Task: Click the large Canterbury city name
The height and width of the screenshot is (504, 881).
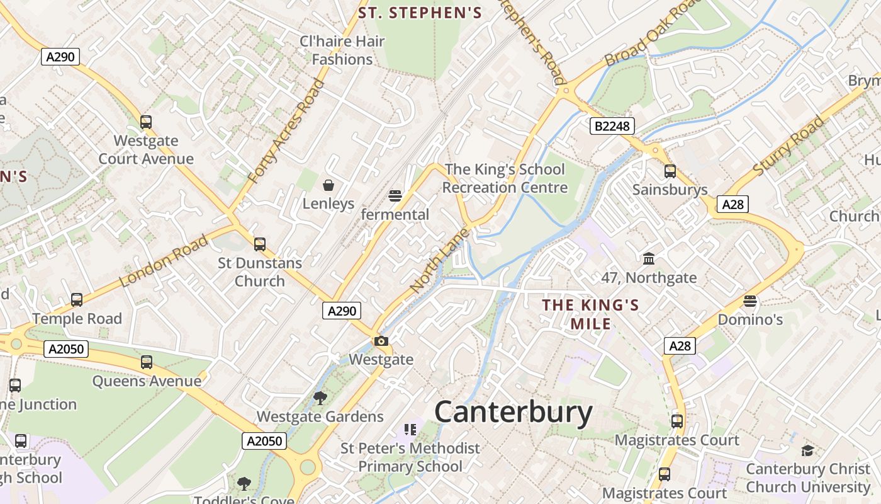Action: (513, 413)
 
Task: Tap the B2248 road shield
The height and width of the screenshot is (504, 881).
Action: (612, 126)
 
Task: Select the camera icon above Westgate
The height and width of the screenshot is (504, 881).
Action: (381, 341)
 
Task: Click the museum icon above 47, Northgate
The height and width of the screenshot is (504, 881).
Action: (648, 258)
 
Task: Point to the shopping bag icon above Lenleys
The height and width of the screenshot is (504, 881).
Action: (328, 185)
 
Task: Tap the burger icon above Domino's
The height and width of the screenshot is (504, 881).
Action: (749, 301)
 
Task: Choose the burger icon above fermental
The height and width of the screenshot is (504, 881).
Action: (395, 195)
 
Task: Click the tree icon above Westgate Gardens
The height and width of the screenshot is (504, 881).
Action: (320, 398)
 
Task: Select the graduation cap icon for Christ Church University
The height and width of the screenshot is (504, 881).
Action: (807, 450)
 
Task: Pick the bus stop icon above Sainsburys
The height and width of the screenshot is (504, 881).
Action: (670, 171)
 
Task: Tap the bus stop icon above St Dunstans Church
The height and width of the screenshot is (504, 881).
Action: (259, 244)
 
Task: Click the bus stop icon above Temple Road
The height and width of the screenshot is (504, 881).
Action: (77, 300)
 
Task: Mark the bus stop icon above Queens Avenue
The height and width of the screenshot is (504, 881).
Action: (147, 362)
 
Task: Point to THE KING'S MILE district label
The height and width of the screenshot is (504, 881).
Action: (590, 314)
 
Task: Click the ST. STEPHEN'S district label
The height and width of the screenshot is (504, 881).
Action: (420, 13)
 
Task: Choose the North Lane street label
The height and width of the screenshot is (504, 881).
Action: (439, 260)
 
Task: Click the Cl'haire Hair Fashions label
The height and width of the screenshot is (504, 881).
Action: (342, 50)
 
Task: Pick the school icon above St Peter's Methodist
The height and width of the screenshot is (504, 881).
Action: (410, 430)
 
